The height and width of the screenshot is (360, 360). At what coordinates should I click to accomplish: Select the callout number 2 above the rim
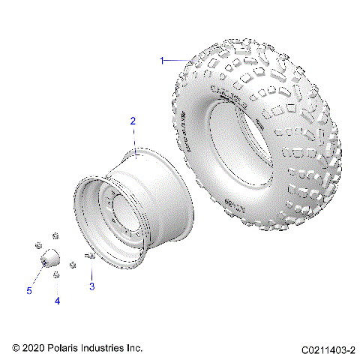click(x=133, y=121)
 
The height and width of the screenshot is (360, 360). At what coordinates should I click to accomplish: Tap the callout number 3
click(x=91, y=286)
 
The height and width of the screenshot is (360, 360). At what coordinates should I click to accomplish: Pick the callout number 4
click(x=57, y=301)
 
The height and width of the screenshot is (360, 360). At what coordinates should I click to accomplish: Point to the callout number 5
click(x=30, y=290)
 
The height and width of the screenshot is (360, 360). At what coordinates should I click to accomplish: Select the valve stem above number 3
click(x=89, y=257)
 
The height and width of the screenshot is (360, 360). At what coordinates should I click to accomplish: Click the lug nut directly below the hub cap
click(x=56, y=275)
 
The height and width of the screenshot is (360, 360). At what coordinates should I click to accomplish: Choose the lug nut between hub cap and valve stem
click(x=72, y=263)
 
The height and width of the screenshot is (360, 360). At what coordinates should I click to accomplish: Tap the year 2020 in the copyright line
click(x=34, y=349)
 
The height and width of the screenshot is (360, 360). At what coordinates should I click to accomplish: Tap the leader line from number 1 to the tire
click(x=177, y=59)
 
